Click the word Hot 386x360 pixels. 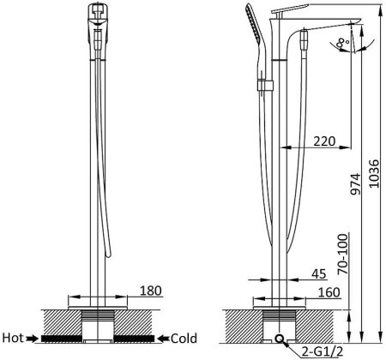point(13,338)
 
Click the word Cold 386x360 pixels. point(184,339)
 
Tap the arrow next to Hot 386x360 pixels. point(32,339)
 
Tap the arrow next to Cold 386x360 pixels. point(164,339)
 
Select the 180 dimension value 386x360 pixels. point(151,291)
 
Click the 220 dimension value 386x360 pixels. point(324,141)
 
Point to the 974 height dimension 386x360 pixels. point(356,183)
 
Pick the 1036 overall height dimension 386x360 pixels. point(374,173)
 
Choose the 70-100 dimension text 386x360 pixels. point(343,254)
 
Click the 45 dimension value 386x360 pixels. point(319,273)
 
